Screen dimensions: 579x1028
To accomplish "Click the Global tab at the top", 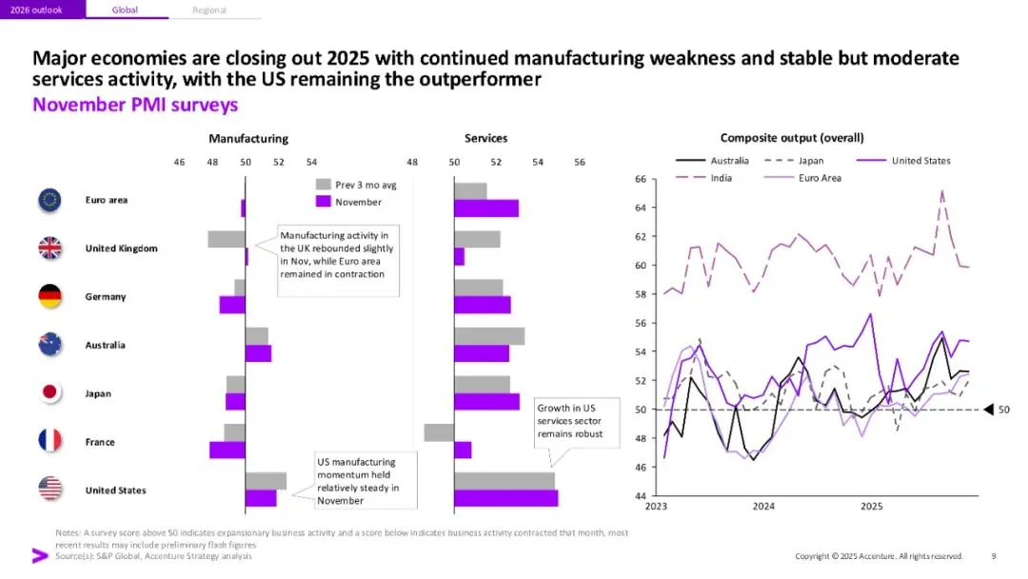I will [125, 10].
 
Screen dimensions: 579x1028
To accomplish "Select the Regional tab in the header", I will [209, 10].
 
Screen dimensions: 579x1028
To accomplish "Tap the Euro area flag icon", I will [49, 200].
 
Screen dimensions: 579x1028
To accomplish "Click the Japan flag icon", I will [49, 392].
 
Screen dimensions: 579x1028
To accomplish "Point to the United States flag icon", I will [49, 489].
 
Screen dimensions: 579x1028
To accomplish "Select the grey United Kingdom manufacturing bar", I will [227, 239].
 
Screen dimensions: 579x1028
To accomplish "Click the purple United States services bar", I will [505, 498].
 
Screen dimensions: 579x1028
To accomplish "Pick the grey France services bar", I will [439, 432].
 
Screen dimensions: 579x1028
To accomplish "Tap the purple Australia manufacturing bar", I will [258, 353].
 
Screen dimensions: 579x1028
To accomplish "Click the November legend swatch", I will [323, 202].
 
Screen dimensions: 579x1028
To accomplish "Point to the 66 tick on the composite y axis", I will [641, 179].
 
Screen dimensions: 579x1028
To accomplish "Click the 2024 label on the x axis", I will [763, 507].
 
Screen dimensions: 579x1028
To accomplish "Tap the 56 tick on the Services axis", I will [580, 162].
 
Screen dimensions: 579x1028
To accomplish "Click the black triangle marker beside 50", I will [989, 409].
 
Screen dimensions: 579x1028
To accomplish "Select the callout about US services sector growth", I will [570, 420].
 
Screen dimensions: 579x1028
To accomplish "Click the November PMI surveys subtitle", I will [135, 105].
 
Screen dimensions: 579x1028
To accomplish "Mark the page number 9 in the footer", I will [994, 556].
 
